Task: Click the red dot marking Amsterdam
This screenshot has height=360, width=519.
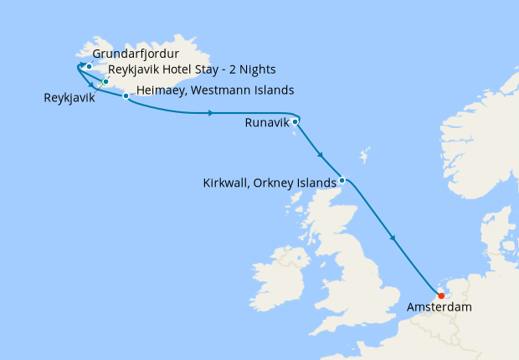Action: tap(440, 296)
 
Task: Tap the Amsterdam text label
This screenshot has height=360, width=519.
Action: tap(439, 308)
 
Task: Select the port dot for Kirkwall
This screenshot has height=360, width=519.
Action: tap(342, 179)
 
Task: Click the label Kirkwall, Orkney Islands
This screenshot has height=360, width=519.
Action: tap(270, 182)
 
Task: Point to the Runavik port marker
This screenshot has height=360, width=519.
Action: tap(295, 121)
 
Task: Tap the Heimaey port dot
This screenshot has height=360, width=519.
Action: tap(126, 96)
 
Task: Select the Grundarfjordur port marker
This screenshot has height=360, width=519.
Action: tap(89, 65)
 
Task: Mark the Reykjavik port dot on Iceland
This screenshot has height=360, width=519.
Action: tap(105, 82)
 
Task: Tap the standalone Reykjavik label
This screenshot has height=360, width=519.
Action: tap(69, 98)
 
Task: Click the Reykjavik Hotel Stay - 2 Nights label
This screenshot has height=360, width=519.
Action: tap(193, 69)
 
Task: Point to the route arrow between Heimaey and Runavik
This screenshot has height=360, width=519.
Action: tap(209, 112)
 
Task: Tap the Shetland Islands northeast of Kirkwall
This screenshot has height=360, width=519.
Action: tap(364, 157)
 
